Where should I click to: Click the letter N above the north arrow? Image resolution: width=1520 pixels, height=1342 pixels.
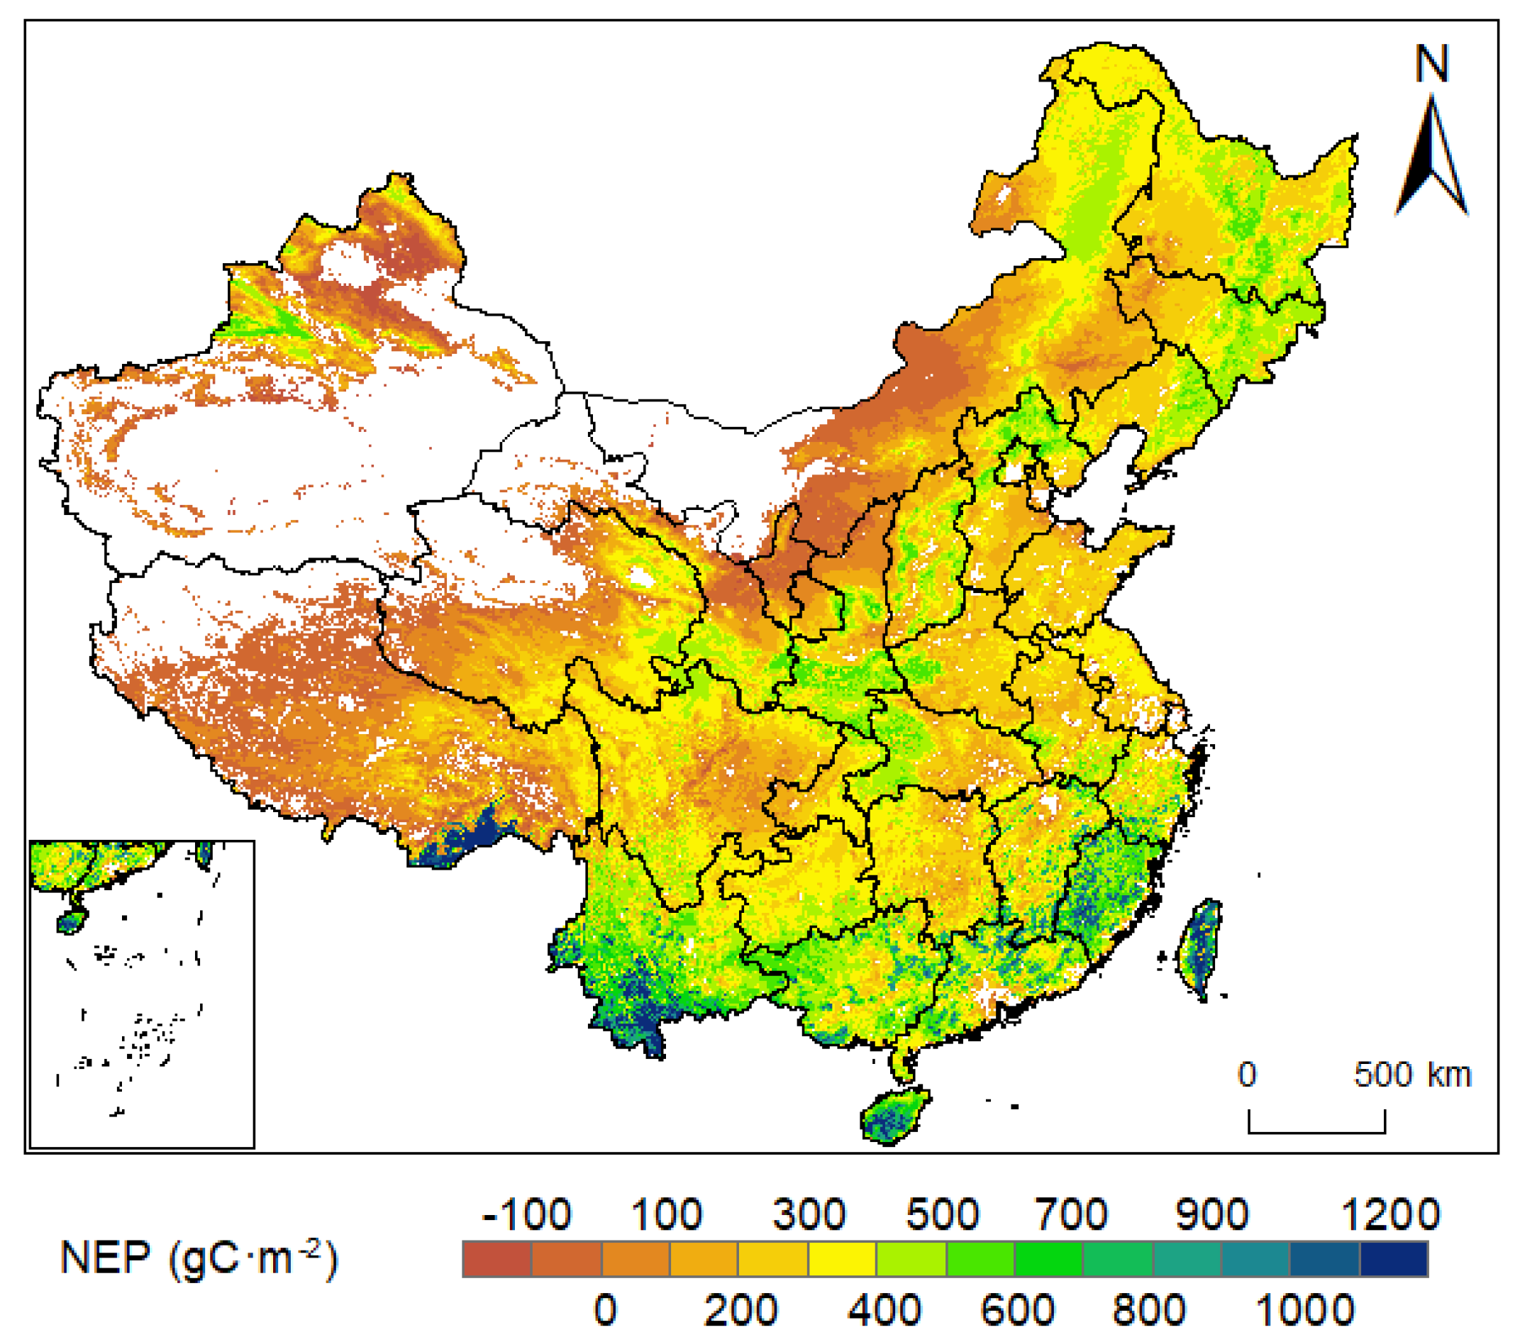click(1431, 64)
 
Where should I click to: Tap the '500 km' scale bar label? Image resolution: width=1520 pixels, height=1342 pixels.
click(1412, 1075)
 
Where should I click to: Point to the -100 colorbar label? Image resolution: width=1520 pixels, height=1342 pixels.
click(526, 1215)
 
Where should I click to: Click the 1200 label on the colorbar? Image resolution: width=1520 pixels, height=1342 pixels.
click(1390, 1215)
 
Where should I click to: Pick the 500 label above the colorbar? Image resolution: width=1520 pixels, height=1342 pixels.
click(942, 1215)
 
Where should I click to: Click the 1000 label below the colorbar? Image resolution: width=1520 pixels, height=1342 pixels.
click(1305, 1309)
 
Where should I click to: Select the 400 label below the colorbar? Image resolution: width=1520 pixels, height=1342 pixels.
click(884, 1309)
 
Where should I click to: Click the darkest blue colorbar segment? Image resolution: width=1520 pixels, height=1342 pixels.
click(1394, 1260)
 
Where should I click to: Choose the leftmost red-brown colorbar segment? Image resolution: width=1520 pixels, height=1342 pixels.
click(497, 1260)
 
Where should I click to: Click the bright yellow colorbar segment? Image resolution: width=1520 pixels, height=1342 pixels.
click(842, 1260)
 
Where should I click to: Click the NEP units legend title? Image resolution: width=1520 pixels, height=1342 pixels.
click(199, 1260)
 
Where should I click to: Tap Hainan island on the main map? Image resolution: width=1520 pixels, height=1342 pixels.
click(894, 1114)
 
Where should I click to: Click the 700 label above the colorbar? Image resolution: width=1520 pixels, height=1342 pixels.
click(1072, 1215)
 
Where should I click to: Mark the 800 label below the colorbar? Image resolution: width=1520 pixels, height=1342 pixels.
click(1149, 1309)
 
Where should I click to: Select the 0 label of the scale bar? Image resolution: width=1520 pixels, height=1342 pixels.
click(1247, 1075)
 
